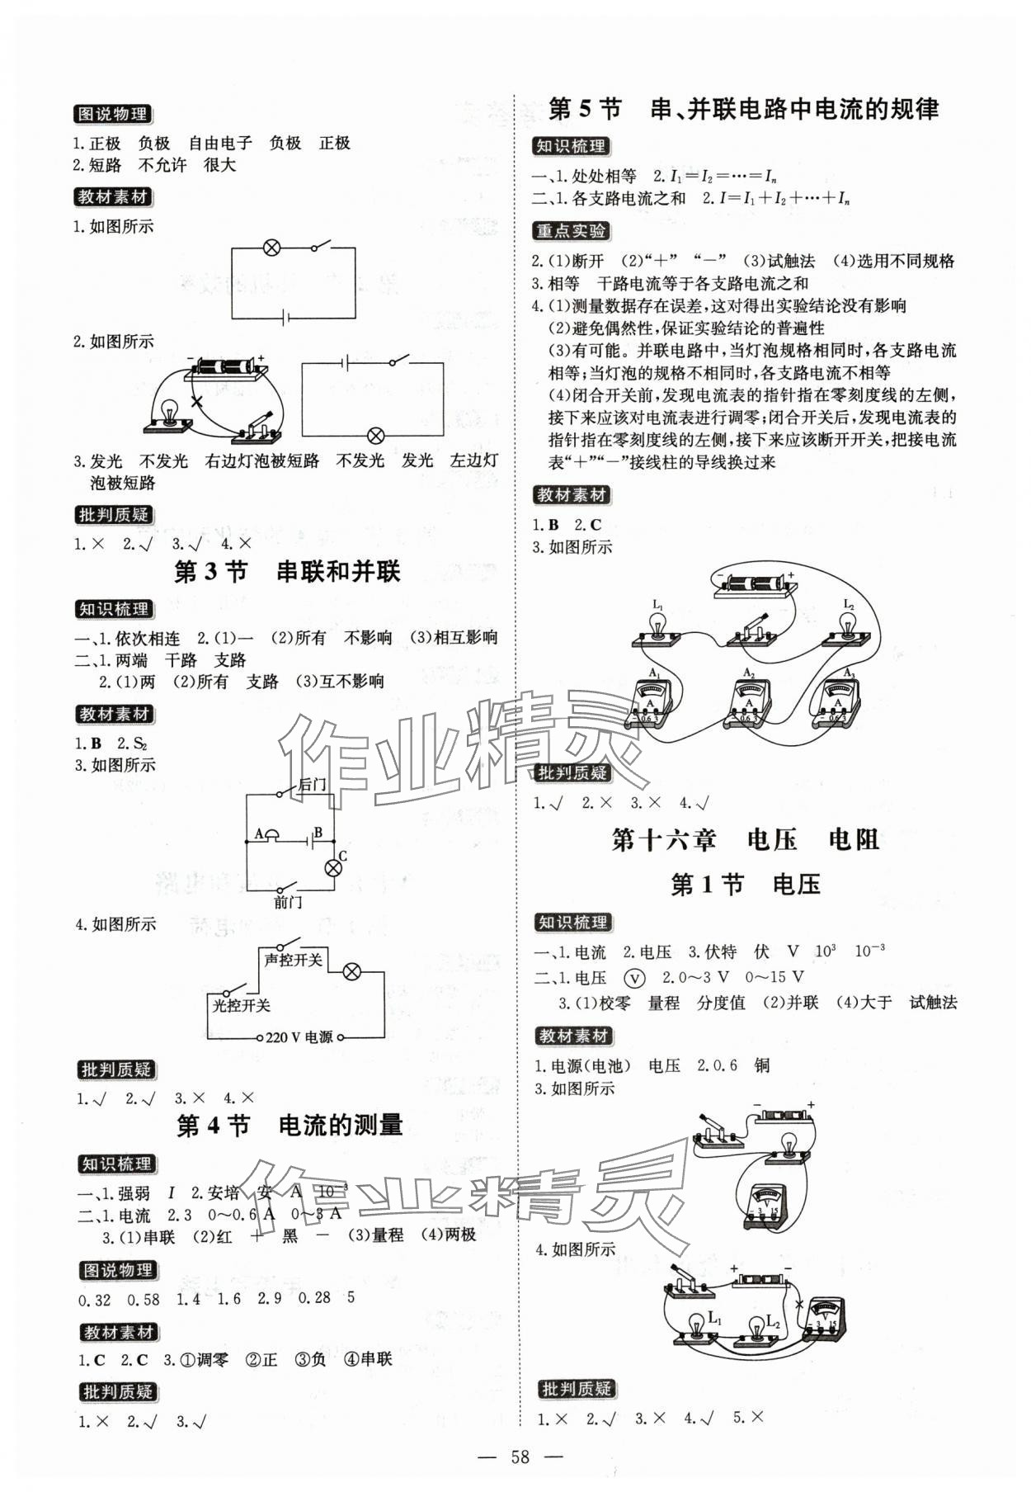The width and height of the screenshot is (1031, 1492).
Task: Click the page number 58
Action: coord(520,1456)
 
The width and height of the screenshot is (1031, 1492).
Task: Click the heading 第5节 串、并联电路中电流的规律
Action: coord(742,109)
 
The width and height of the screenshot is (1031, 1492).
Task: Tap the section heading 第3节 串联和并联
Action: coord(287,572)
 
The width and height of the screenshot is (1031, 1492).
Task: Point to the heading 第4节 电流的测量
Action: coord(290,1125)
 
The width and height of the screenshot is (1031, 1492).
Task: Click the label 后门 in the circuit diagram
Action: coord(311,785)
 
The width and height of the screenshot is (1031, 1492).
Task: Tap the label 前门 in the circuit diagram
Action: coord(287,902)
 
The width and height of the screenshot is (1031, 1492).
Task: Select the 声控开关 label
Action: coord(293,960)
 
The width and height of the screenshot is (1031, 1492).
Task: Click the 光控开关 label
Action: coord(241,1005)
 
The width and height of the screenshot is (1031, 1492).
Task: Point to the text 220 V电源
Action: coord(299,1037)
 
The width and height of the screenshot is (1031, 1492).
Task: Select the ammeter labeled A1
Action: coord(652,704)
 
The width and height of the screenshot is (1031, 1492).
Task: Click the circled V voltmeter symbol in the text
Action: coord(634,978)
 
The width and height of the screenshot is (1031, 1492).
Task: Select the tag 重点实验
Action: coord(570,231)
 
